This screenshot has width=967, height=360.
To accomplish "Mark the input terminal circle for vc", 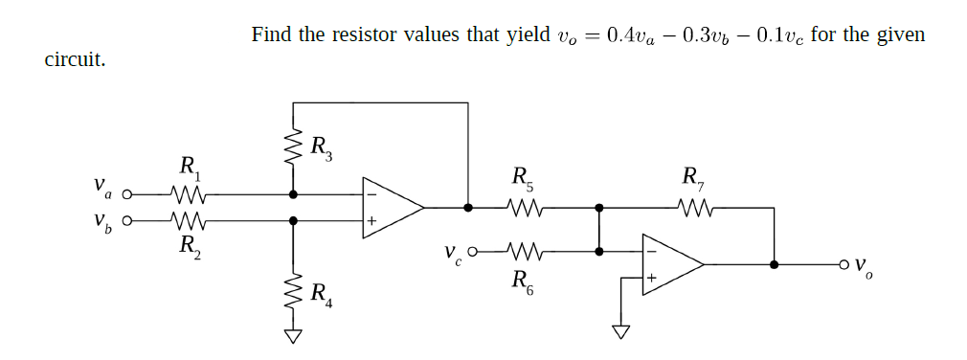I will [x=473, y=252].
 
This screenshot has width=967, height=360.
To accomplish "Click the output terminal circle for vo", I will [x=843, y=264].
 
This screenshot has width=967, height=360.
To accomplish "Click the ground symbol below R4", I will [x=294, y=335].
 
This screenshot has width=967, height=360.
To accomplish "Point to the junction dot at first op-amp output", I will [x=468, y=206].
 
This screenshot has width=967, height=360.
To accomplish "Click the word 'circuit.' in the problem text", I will [x=76, y=60].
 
